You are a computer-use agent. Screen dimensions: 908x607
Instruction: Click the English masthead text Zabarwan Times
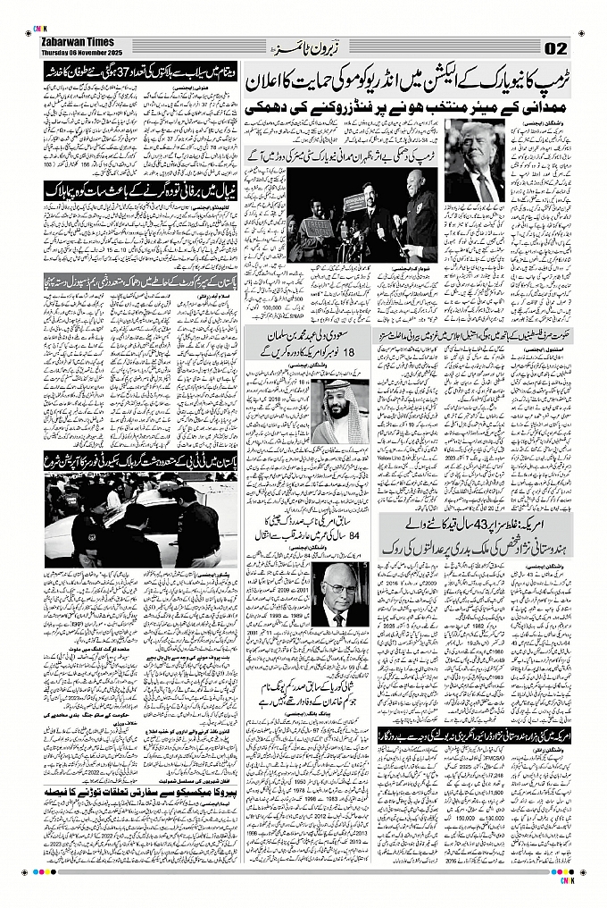point(77,40)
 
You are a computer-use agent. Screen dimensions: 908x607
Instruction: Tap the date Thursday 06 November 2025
point(85,51)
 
